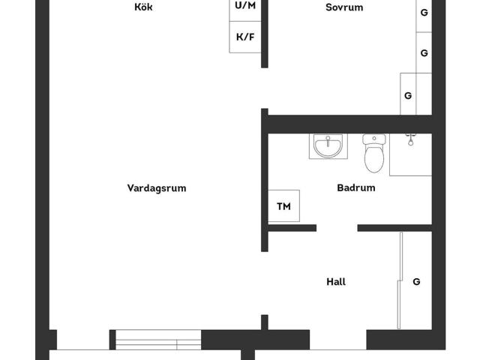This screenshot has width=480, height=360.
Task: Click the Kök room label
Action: pyautogui.click(x=143, y=7)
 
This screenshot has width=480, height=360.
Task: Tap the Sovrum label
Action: pyautogui.click(x=344, y=7)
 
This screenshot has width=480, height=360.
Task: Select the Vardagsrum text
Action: pyautogui.click(x=156, y=188)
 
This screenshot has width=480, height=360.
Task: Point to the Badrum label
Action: pyautogui.click(x=355, y=188)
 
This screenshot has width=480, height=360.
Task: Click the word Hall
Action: pyautogui.click(x=336, y=282)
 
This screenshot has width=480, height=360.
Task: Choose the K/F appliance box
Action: pyautogui.click(x=245, y=37)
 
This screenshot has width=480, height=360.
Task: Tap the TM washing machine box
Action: pyautogui.click(x=283, y=206)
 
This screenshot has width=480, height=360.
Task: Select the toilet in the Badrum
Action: pyautogui.click(x=373, y=158)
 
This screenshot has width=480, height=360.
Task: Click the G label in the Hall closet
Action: pyautogui.click(x=416, y=282)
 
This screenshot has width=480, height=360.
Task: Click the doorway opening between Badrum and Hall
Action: pyautogui.click(x=337, y=228)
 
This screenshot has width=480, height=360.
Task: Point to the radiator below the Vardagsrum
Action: pyautogui.click(x=156, y=340)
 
